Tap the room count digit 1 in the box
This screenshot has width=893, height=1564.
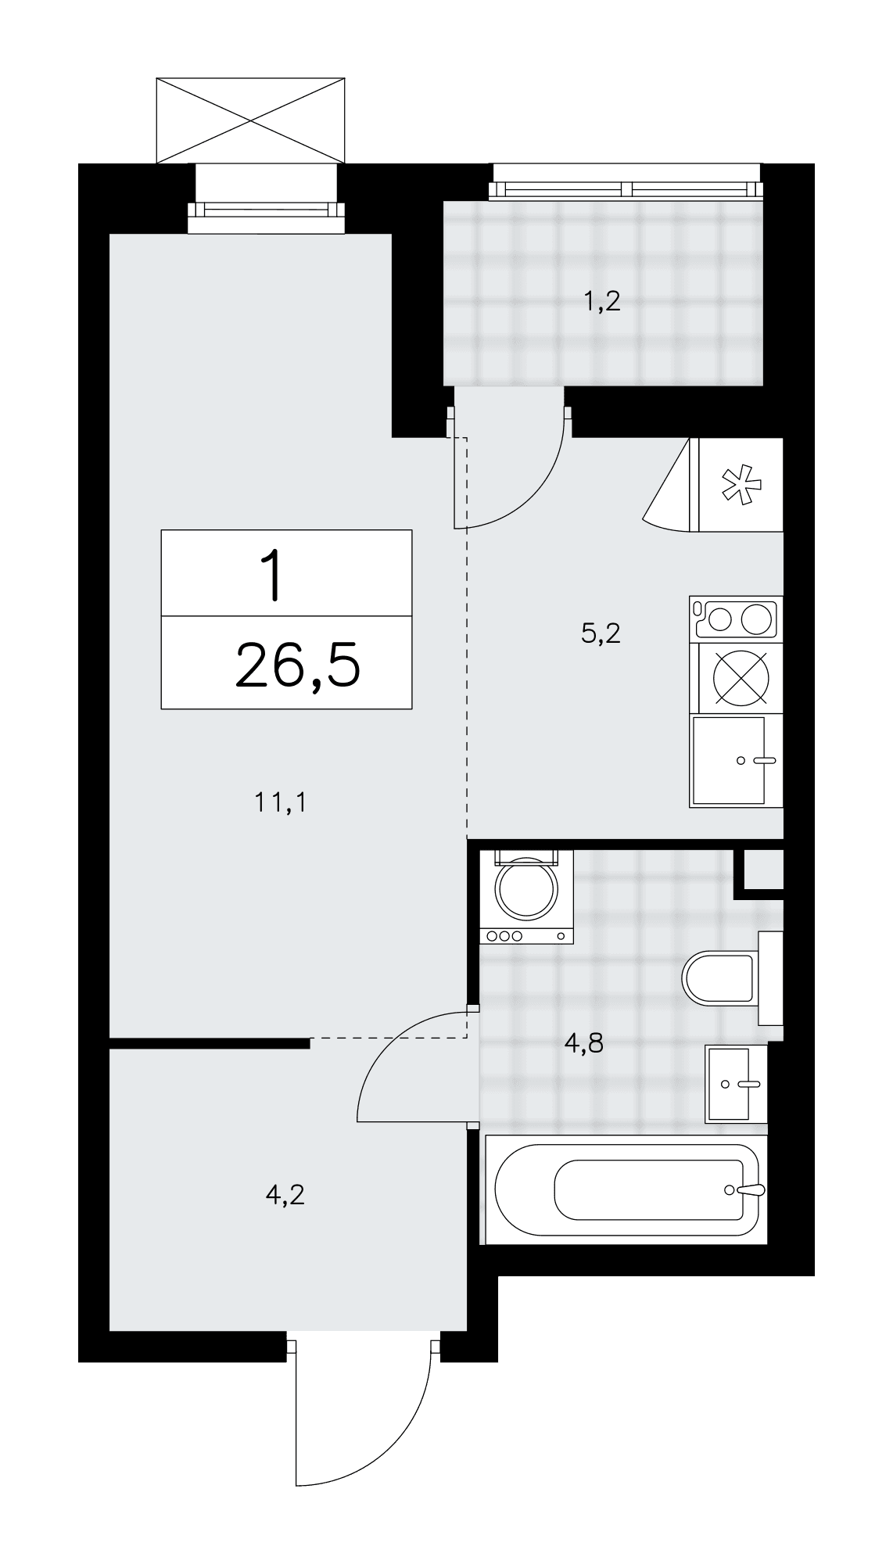pos(273,576)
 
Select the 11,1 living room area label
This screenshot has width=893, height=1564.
pos(279,802)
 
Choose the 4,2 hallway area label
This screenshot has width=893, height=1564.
pos(285,1195)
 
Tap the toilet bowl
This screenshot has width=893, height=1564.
pos(718,977)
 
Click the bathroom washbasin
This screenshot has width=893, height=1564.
pos(736,1084)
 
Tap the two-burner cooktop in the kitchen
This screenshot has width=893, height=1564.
pos(736,619)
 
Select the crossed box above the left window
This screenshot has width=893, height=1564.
pos(250,120)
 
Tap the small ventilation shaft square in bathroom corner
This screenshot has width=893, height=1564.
pos(762,868)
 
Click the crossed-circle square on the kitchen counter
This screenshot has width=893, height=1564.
pos(736,677)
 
